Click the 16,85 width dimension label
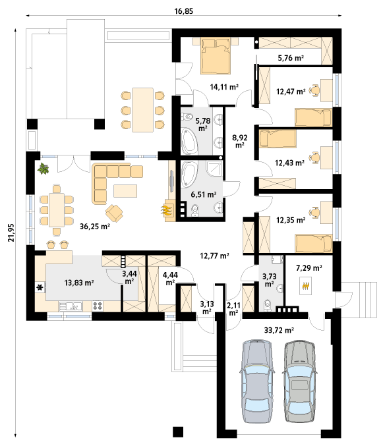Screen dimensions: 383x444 point(183,11)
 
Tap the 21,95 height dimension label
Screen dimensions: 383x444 point(11,233)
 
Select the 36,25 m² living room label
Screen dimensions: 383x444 point(95,226)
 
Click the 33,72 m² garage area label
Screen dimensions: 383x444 point(279,330)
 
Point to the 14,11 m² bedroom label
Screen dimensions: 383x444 point(224,87)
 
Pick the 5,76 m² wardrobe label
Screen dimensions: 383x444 point(291,58)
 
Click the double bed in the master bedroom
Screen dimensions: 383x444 point(216,57)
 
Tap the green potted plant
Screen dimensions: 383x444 point(43,169)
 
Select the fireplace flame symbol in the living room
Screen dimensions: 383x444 point(167,210)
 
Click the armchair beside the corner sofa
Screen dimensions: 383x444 point(114,213)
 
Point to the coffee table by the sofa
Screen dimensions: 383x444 point(125,191)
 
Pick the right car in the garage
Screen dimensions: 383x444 point(300,381)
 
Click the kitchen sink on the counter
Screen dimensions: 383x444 point(71,306)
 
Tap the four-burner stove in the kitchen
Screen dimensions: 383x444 point(98,306)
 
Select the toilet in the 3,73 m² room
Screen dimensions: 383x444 point(268,306)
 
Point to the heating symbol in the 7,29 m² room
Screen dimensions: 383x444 point(305,286)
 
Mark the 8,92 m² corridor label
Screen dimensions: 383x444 point(240,141)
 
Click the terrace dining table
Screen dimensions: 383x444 point(143,110)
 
